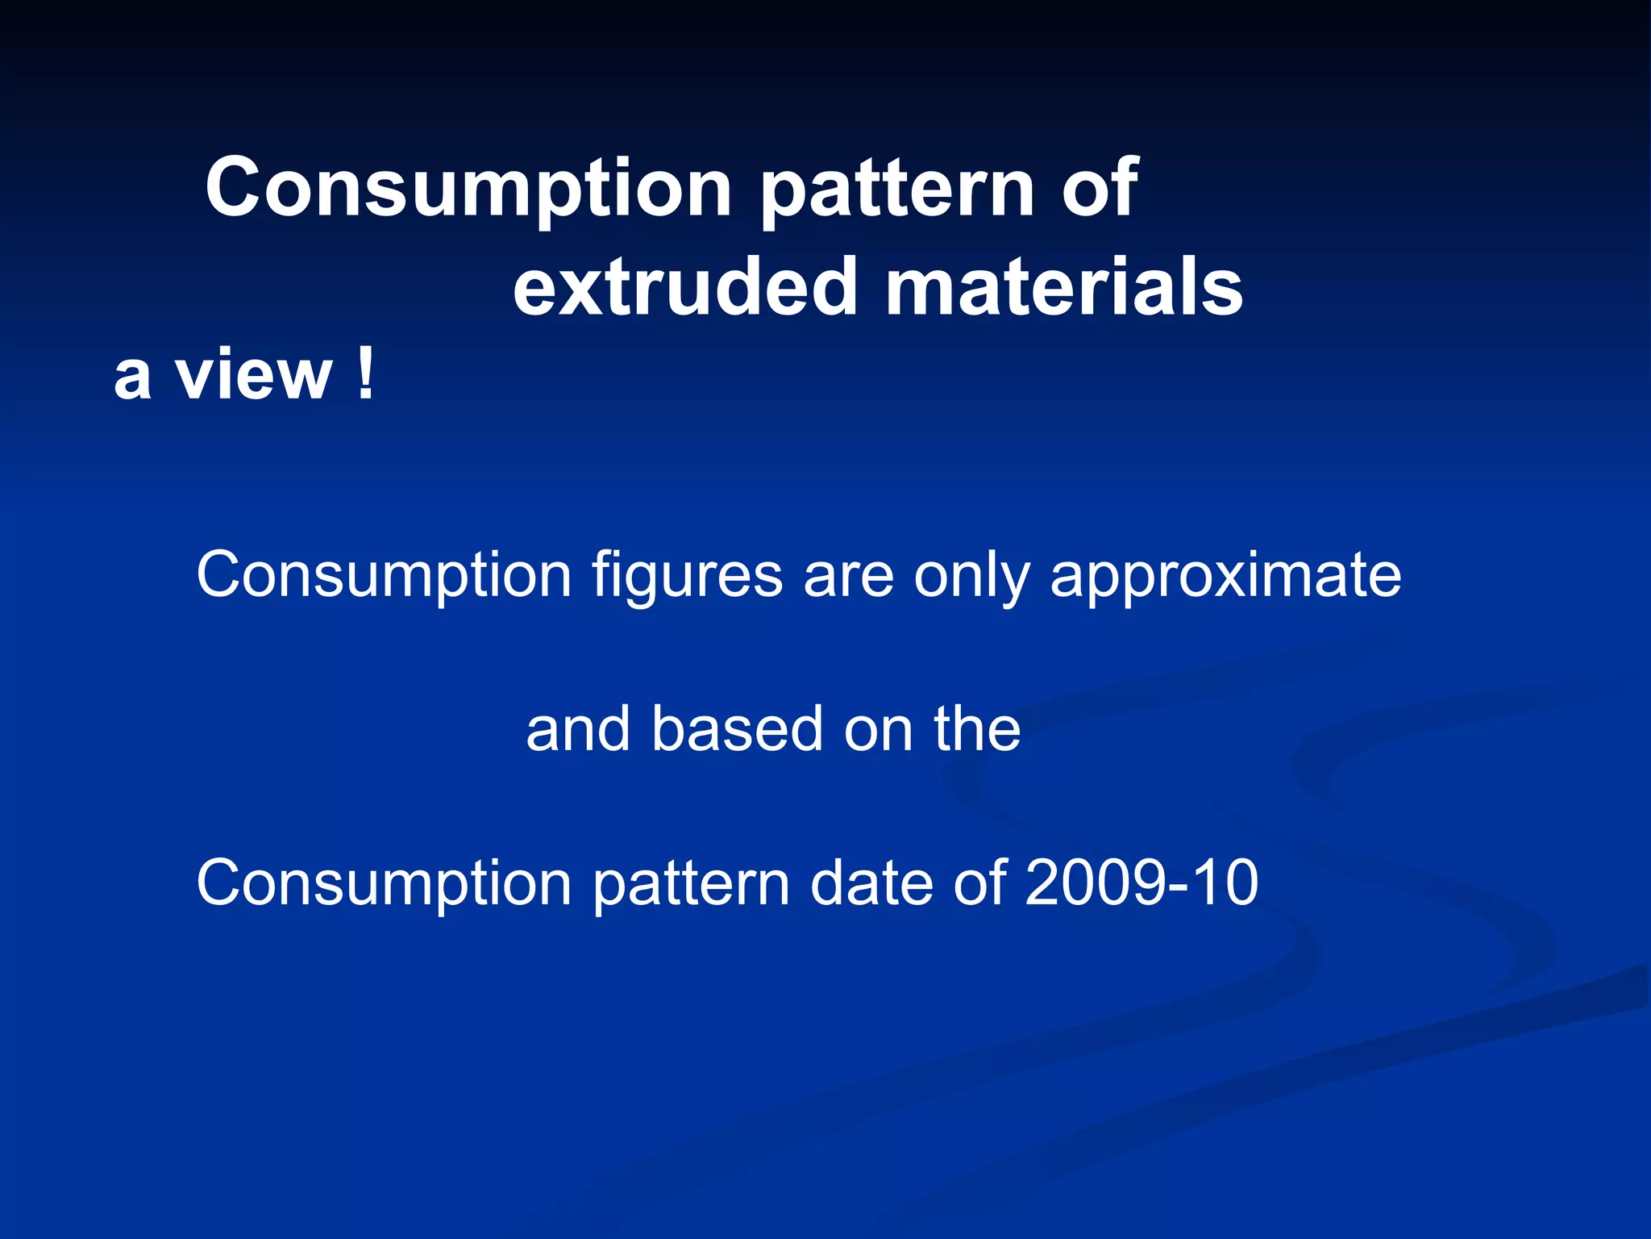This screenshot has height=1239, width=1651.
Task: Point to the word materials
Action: click(1063, 287)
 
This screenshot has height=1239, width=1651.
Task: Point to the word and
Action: click(577, 729)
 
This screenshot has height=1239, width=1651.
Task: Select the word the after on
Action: click(977, 729)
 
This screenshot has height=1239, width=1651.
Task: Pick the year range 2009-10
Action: click(1141, 882)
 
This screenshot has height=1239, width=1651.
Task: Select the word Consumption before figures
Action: click(384, 576)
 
